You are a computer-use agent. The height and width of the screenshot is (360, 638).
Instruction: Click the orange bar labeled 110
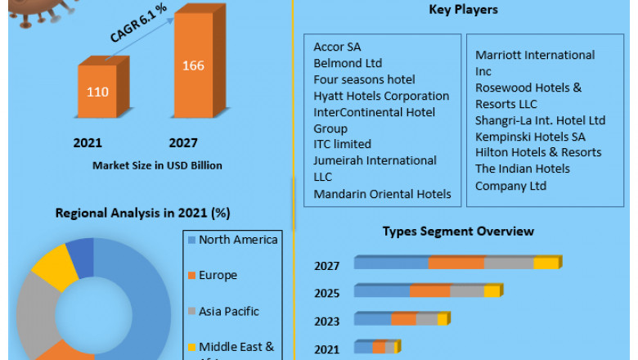point(97,91)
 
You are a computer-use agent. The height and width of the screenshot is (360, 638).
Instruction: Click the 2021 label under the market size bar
point(88,143)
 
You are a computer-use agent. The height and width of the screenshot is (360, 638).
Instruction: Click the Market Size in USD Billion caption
point(157,165)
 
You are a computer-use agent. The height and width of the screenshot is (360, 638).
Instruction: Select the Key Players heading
point(463,10)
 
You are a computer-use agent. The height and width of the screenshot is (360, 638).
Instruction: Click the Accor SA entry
point(337,47)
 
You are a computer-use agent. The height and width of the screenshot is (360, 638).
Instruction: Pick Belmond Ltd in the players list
point(348,63)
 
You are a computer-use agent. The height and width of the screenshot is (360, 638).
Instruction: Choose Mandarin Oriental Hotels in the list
point(382,194)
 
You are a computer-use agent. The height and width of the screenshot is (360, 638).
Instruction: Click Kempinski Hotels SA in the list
point(530,137)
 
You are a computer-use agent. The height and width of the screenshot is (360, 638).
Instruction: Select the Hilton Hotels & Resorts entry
point(538,152)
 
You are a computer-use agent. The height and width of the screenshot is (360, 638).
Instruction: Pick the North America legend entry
point(238,240)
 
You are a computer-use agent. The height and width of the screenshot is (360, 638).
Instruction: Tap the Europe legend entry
point(218,275)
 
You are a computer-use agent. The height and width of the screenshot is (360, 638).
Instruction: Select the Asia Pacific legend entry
point(228,311)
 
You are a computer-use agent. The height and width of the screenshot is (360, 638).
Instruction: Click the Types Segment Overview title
point(458,232)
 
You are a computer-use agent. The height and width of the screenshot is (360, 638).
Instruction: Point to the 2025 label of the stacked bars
point(326,292)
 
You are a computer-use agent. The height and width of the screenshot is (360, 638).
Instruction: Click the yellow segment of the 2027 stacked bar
point(546,263)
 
